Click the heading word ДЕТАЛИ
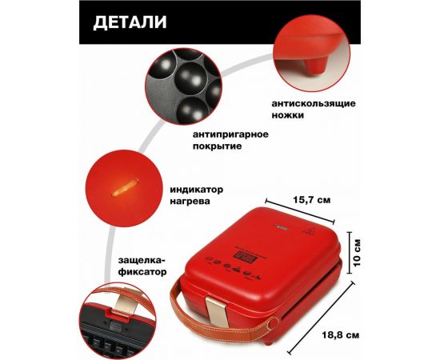[130, 22]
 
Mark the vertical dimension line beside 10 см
[348, 249]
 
